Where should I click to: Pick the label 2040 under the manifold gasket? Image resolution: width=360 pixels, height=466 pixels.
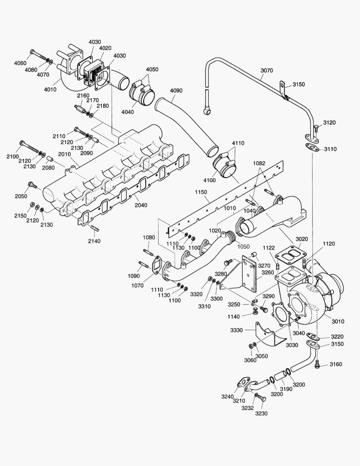[x=141, y=205]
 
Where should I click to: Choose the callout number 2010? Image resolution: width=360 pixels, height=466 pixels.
[x=64, y=154]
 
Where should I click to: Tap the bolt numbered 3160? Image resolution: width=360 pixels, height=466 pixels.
[x=318, y=365]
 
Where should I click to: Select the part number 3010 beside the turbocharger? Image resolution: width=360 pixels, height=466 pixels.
[x=338, y=321]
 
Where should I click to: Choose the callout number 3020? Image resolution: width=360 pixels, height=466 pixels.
[x=301, y=239]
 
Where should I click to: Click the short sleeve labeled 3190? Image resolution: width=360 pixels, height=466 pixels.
[x=281, y=375]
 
